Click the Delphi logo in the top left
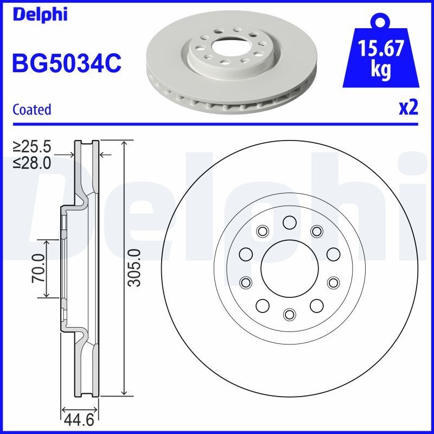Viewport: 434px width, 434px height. [39, 15]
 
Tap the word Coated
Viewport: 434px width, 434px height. [31, 109]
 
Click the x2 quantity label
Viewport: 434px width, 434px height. [409, 108]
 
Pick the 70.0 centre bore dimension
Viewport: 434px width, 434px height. [38, 268]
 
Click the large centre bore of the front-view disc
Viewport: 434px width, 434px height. [289, 268]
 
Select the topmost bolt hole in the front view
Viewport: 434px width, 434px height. [289, 222]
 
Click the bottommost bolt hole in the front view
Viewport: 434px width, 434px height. [289, 314]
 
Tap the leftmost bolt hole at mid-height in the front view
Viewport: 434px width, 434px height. [246, 254]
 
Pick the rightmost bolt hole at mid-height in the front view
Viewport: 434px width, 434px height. [333, 254]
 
